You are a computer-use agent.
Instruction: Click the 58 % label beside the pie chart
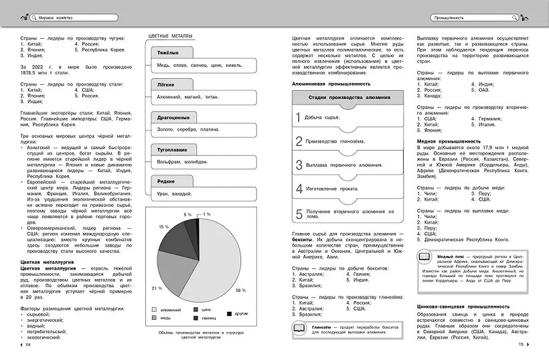pyautogui.click(x=241, y=290)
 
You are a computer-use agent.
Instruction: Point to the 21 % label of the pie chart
pyautogui.click(x=157, y=288)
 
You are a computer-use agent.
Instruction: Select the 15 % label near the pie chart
pyautogui.click(x=164, y=227)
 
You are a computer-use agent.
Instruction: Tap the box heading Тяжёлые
pyautogui.click(x=167, y=52)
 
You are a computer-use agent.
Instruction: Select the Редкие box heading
pyautogui.click(x=166, y=181)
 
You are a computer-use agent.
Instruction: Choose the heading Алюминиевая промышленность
pyautogui.click(x=331, y=84)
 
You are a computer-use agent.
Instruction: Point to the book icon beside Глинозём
pyautogui.click(x=300, y=328)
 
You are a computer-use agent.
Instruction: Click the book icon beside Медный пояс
pyautogui.click(x=424, y=258)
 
